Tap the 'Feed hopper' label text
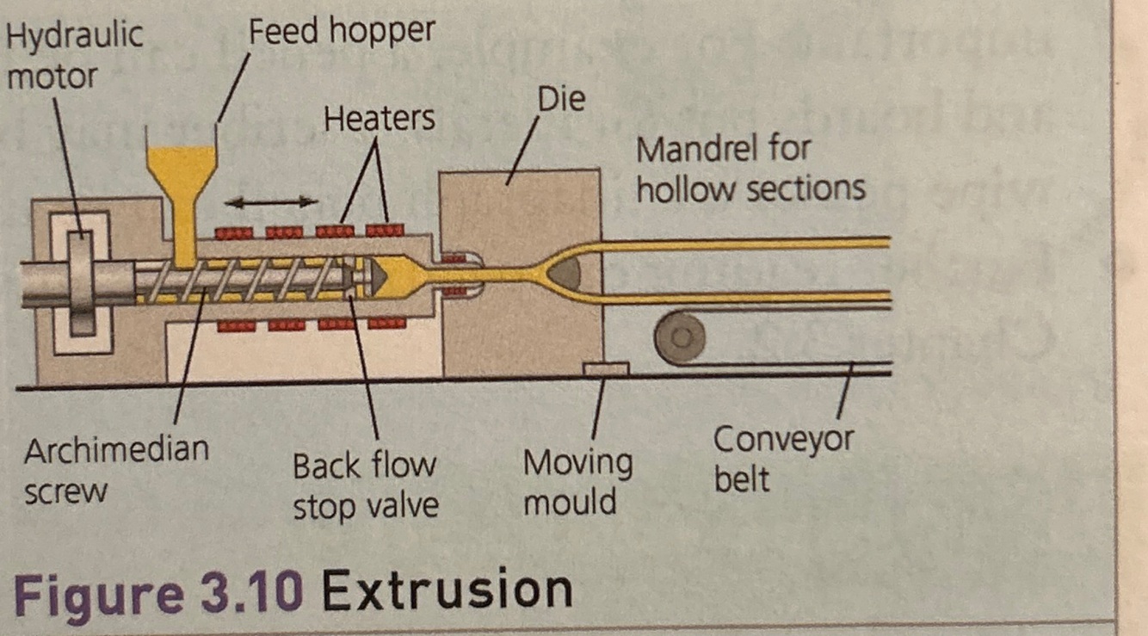coord(342,32)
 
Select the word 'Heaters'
coord(380,118)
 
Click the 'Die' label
coord(561,99)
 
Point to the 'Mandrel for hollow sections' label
coord(750,169)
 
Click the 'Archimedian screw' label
coord(115,470)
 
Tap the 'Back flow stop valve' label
coord(365,485)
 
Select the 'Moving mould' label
coord(577,482)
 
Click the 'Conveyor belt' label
coord(782,458)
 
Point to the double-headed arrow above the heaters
coord(271,201)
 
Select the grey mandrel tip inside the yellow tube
coord(565,273)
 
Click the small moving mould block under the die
coord(606,368)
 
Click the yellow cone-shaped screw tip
coord(392,275)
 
